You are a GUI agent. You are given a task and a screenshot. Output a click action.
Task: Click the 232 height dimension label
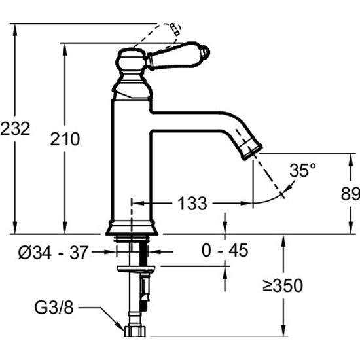point(15,129)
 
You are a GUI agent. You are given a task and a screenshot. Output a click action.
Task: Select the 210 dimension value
point(65,139)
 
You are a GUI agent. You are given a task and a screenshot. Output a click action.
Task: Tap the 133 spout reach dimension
point(192,204)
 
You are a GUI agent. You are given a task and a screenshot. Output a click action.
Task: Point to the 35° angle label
point(302,170)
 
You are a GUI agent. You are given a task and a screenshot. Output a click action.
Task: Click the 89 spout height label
point(350,194)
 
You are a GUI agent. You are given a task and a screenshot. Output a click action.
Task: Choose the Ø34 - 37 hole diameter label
point(53,252)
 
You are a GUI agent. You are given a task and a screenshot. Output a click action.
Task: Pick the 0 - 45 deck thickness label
point(225,250)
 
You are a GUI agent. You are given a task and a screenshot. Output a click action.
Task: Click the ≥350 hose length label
point(283,286)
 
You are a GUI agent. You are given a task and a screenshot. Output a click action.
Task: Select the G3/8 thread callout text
point(54,308)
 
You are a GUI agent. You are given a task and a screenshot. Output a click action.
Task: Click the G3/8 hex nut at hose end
point(135,332)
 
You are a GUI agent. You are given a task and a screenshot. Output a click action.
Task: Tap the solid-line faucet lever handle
point(178,56)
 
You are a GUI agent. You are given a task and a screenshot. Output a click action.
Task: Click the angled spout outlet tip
point(252,151)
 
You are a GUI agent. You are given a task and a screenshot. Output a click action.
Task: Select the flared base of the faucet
point(132,228)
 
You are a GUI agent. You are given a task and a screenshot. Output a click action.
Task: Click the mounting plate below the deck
point(136,269)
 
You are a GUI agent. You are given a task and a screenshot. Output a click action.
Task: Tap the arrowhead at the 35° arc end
point(291,185)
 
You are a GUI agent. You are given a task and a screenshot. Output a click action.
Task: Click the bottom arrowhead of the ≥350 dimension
point(284,333)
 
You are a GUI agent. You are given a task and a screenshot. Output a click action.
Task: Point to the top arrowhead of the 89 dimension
point(350,158)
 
